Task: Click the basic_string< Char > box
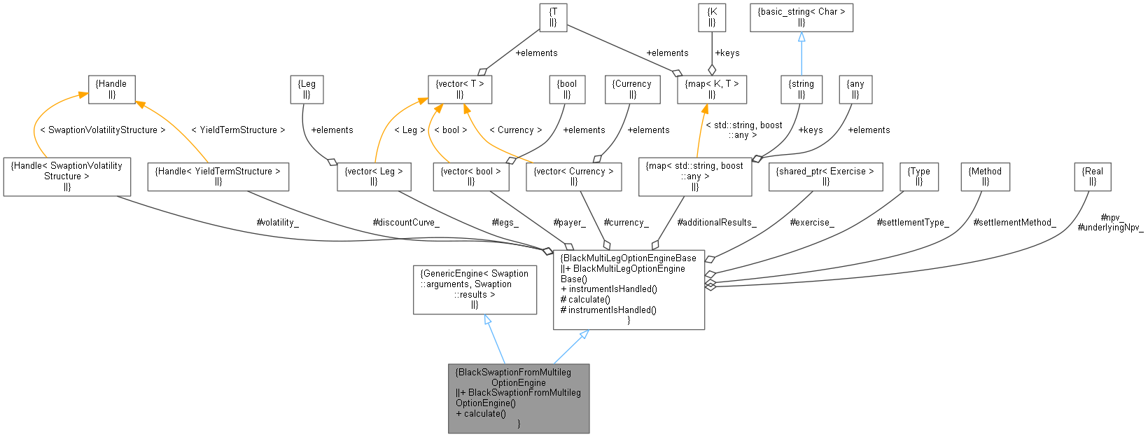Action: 801,18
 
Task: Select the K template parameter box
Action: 712,18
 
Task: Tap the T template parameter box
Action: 553,18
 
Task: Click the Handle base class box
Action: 111,89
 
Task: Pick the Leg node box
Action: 307,89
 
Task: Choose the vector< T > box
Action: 460,89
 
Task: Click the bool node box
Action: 567,89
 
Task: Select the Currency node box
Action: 631,89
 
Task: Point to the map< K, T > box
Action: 712,89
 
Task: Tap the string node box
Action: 801,89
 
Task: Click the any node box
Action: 855,89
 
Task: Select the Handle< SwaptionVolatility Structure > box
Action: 67,176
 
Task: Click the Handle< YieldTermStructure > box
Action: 218,176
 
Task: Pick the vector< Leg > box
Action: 374,176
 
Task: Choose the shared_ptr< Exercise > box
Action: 825,176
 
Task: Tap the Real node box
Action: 1092,176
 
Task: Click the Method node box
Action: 985,176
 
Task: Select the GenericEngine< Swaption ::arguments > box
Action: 475,289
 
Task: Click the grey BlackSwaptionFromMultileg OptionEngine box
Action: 519,398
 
